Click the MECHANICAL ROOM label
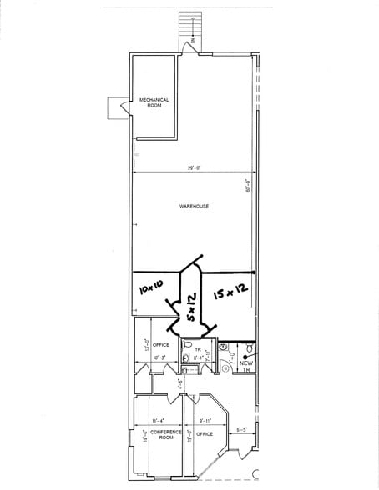tap(154, 102)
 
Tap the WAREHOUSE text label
tap(194, 206)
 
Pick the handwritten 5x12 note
tap(191, 307)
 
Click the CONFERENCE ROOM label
tap(156, 436)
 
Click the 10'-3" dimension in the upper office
tap(158, 357)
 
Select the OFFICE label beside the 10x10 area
tap(160, 344)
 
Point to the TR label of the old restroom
tap(198, 349)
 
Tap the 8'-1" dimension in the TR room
tap(197, 357)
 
